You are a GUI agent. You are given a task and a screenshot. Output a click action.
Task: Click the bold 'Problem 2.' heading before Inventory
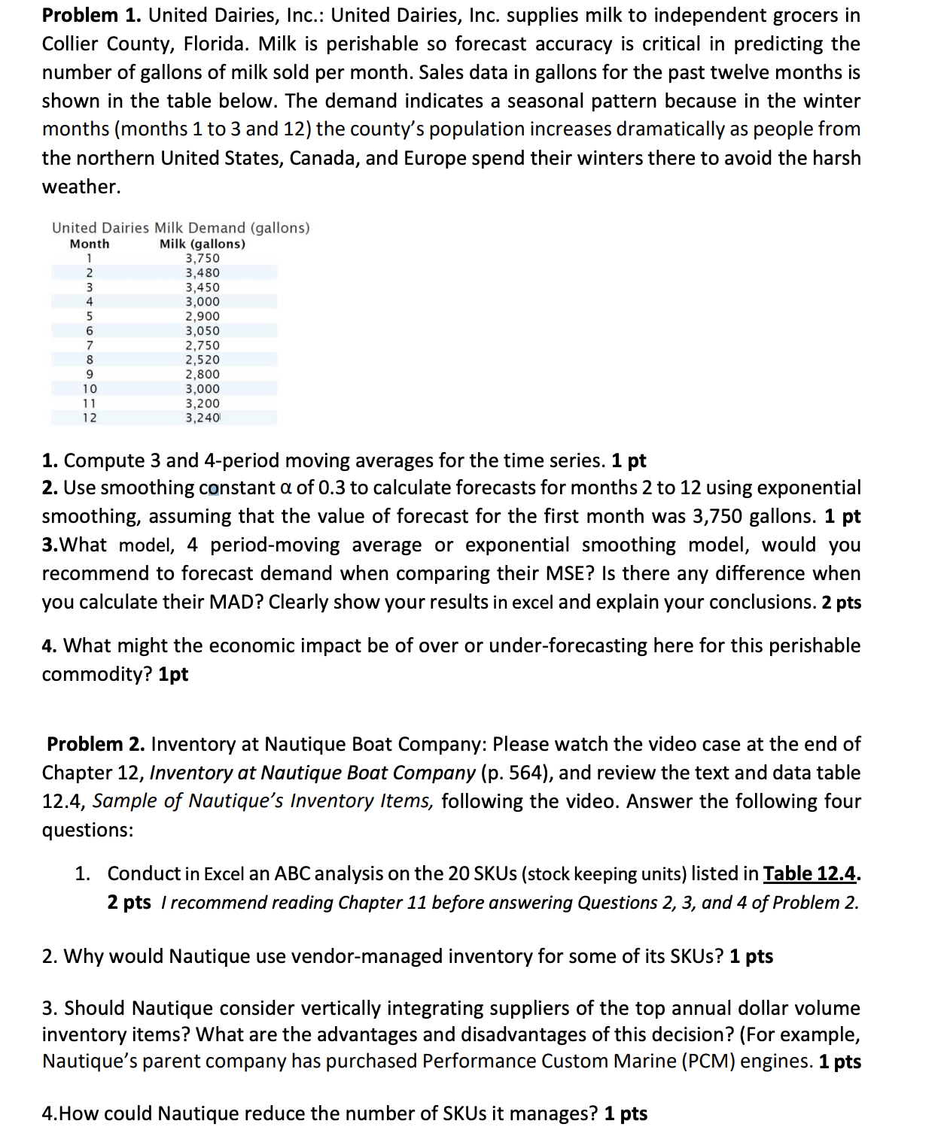tap(96, 744)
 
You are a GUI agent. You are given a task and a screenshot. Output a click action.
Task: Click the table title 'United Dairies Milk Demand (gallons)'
tap(181, 227)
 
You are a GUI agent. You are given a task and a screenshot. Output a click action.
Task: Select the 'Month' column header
tap(90, 244)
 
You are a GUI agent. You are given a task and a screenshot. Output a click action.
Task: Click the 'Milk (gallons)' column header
tap(203, 244)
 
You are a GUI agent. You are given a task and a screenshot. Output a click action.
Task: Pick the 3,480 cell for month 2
tap(203, 272)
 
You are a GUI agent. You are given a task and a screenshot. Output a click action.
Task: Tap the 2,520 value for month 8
tap(203, 360)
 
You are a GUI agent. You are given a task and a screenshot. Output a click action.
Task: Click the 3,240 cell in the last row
tap(203, 418)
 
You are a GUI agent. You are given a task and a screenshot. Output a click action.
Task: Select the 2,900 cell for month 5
tap(203, 316)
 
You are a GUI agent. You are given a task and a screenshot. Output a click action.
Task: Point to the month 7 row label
tap(90, 345)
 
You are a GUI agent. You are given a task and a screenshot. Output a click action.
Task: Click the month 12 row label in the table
tap(90, 418)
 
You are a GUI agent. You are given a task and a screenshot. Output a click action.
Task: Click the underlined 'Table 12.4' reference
tap(810, 873)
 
